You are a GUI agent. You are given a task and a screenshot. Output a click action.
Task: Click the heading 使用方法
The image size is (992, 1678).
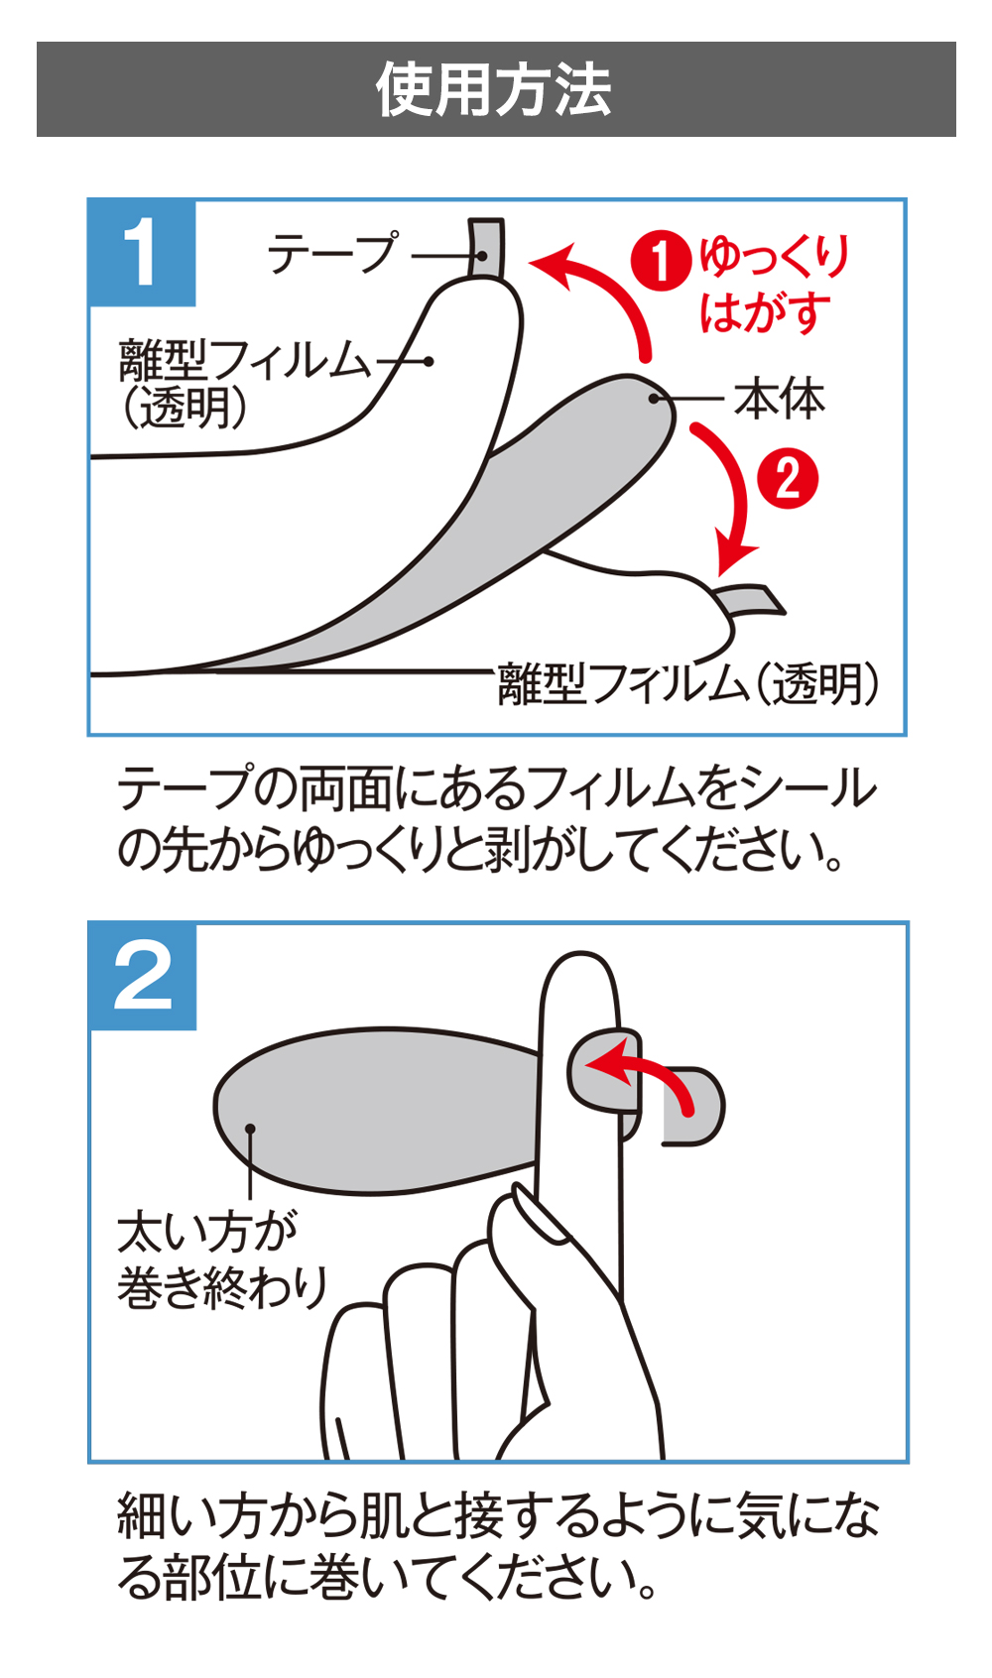click(494, 89)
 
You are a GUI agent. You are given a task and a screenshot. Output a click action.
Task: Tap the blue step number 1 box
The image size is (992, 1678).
click(141, 252)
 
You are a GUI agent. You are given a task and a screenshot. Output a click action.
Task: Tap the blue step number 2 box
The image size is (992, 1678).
click(142, 976)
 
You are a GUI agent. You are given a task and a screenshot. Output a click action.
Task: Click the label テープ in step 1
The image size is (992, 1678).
click(332, 255)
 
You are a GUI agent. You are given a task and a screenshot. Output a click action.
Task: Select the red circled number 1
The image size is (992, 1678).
click(660, 262)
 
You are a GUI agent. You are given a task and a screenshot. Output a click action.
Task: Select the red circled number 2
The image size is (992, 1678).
click(788, 479)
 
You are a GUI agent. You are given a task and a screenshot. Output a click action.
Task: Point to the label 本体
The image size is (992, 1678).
click(780, 400)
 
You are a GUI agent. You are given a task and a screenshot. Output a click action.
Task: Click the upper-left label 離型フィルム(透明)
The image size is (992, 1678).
click(243, 382)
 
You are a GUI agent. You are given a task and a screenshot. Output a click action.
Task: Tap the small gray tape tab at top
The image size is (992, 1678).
click(486, 247)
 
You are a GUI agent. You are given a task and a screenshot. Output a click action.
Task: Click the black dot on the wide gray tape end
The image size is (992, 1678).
click(251, 1129)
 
